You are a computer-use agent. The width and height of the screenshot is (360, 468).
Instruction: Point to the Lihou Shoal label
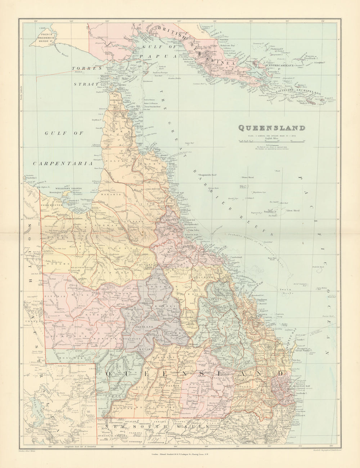(x=292, y=210)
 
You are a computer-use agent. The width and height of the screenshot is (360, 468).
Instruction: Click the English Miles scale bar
(x=270, y=141)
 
